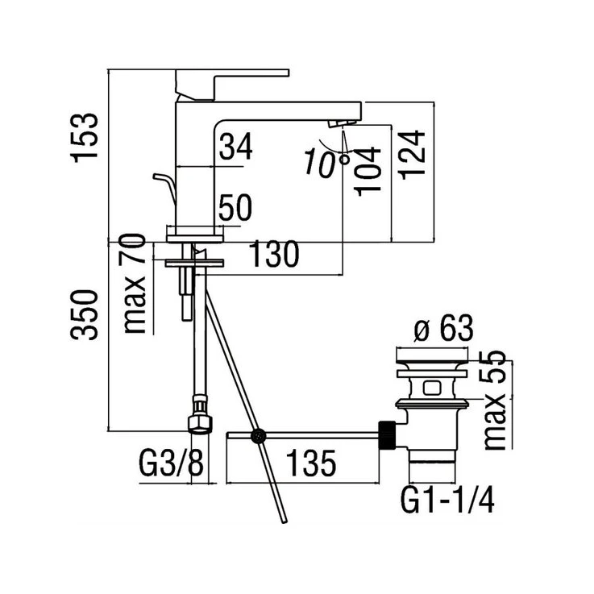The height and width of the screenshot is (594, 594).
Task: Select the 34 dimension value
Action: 235,147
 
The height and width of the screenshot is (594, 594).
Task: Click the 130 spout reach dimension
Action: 274,256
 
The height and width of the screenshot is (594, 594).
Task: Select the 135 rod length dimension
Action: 308,465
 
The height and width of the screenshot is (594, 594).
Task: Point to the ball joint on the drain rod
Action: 259,437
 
